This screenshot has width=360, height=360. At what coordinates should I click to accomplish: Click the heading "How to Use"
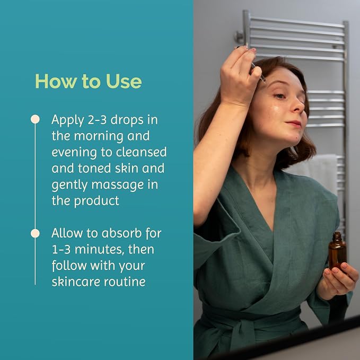pyautogui.click(x=89, y=81)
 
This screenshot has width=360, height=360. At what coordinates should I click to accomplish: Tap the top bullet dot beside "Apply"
pyautogui.click(x=35, y=119)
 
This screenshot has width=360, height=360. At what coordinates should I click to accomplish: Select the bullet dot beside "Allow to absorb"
pyautogui.click(x=35, y=233)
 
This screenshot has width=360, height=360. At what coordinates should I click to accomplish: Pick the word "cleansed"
pyautogui.click(x=141, y=152)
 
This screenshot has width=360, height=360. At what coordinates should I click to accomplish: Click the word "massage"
pyautogui.click(x=118, y=185)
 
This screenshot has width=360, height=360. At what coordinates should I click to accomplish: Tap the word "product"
pyautogui.click(x=96, y=201)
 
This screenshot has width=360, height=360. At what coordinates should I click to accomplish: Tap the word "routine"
pyautogui.click(x=125, y=282)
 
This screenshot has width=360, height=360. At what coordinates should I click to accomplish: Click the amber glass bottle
pyautogui.click(x=337, y=251)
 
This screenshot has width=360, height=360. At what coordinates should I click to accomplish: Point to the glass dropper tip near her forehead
pyautogui.click(x=264, y=81)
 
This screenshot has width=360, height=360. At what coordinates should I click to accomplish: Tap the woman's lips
pyautogui.click(x=294, y=124)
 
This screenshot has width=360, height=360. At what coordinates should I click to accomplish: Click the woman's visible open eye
pyautogui.click(x=280, y=96)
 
